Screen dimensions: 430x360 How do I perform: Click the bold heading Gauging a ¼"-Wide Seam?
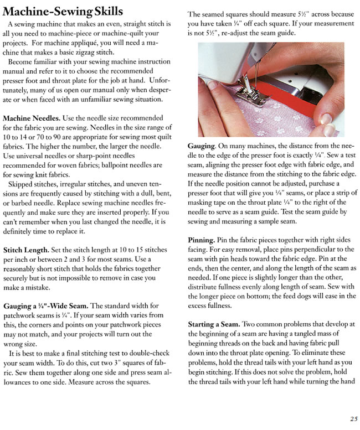coord(46,306)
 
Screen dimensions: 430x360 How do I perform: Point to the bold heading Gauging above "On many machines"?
coord(201,145)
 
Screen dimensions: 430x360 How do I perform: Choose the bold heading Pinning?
coord(202,241)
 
